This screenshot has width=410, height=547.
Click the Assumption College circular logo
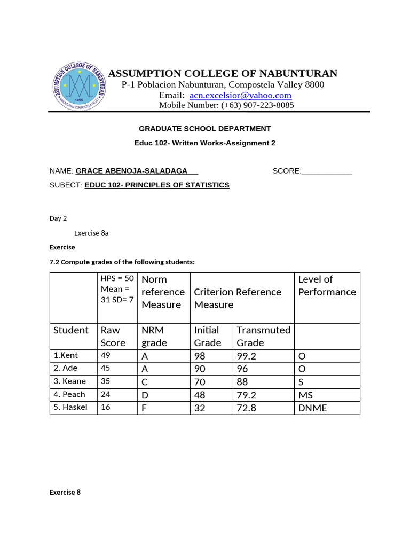coord(80,86)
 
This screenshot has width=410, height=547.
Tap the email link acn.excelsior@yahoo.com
coord(240,95)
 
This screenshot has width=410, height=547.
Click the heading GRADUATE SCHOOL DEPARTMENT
coord(204,129)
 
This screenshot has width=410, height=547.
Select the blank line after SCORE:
coord(327,171)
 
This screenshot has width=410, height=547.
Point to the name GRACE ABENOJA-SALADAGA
coord(132,171)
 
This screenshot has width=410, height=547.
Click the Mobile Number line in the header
coord(226,105)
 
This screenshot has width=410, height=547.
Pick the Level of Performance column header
coord(327,286)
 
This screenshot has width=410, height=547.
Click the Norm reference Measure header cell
coord(163,292)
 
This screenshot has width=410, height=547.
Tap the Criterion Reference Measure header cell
coord(238,298)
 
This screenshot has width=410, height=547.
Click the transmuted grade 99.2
coord(247,356)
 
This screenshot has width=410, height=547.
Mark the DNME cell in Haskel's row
coord(312,408)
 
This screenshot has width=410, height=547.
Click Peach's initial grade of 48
coord(200,395)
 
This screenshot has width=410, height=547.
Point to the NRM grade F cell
coord(144,408)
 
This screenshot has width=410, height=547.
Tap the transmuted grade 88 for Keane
coord(243,382)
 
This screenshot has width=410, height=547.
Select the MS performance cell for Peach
coord(305,395)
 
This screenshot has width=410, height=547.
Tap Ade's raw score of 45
coord(106,369)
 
